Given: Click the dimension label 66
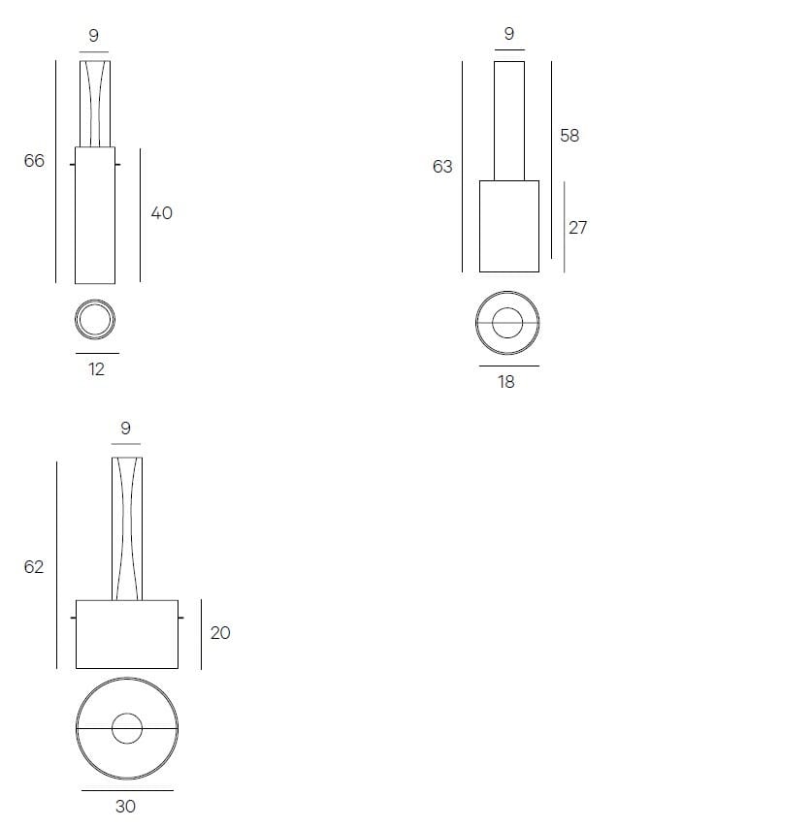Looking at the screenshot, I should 34,161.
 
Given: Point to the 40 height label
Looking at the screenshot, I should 161,212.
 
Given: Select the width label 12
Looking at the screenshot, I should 96,368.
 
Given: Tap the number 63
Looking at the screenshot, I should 442,167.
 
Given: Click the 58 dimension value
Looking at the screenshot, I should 569,136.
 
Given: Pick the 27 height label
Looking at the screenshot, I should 577,228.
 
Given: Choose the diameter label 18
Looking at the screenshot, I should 506,382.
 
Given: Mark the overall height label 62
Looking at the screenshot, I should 34,567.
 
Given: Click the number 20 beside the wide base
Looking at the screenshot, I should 220,633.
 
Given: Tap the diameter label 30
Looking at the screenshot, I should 125,806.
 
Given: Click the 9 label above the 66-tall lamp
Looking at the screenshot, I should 93,36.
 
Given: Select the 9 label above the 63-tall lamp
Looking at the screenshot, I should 509,34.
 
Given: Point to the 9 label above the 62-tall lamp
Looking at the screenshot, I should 125,428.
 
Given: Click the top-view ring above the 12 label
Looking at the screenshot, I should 95,319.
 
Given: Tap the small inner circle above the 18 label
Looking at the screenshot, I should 507,323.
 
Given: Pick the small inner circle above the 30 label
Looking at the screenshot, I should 127,728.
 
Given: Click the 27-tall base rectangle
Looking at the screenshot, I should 509,226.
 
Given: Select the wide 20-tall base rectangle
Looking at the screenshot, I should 127,634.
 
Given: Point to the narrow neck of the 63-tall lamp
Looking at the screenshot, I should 509,120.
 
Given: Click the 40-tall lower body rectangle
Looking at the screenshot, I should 95,215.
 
